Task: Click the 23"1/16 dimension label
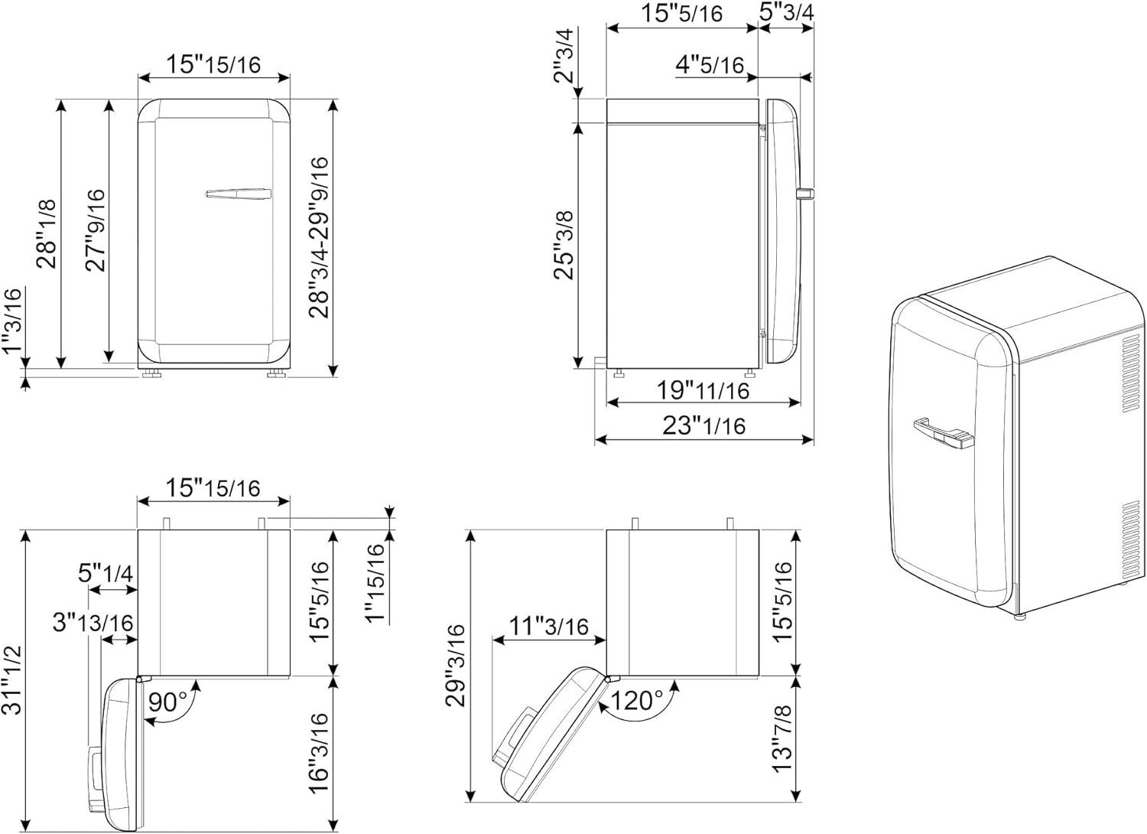[x=703, y=425]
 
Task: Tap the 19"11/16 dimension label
[x=703, y=390]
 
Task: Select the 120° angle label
[x=636, y=700]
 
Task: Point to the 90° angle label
[x=167, y=702]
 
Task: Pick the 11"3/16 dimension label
[x=548, y=626]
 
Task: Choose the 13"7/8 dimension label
[x=782, y=738]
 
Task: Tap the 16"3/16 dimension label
[x=318, y=753]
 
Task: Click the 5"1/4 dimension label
[x=106, y=573]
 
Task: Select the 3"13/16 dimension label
[x=93, y=622]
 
